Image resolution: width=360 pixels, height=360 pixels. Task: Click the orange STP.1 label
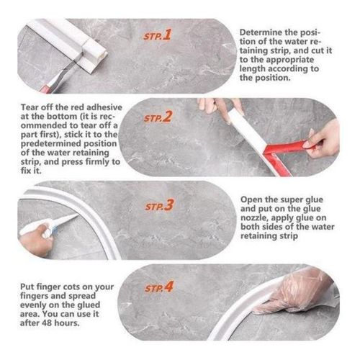(x=157, y=35)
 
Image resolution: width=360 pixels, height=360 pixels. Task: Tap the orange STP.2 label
(x=158, y=117)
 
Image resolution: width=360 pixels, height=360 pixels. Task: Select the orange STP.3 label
(x=159, y=205)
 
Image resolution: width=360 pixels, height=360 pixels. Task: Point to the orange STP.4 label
(x=158, y=287)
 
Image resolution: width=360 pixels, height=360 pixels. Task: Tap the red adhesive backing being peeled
(x=282, y=155)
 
